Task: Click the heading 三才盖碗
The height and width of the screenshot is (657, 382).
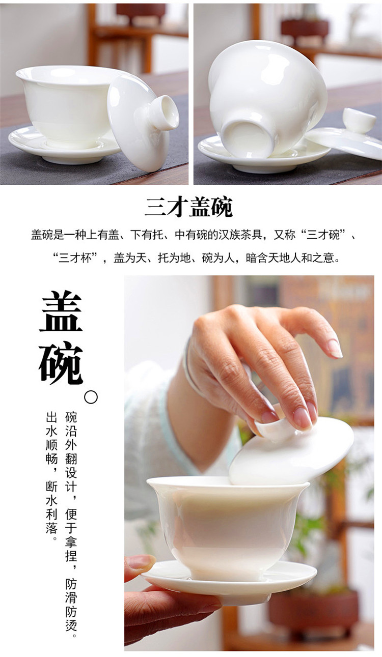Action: coord(188,207)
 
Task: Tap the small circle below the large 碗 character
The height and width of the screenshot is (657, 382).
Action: coord(91,397)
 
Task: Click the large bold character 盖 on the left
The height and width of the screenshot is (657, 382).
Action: coord(61,311)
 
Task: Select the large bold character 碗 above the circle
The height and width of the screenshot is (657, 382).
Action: coord(61,362)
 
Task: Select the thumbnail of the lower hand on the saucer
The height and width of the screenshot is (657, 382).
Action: coord(142,562)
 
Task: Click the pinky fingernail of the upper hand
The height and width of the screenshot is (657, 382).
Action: coord(335,349)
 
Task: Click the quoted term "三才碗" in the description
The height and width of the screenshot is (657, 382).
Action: coord(323,235)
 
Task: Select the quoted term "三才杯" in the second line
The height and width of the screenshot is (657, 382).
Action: coord(75,258)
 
